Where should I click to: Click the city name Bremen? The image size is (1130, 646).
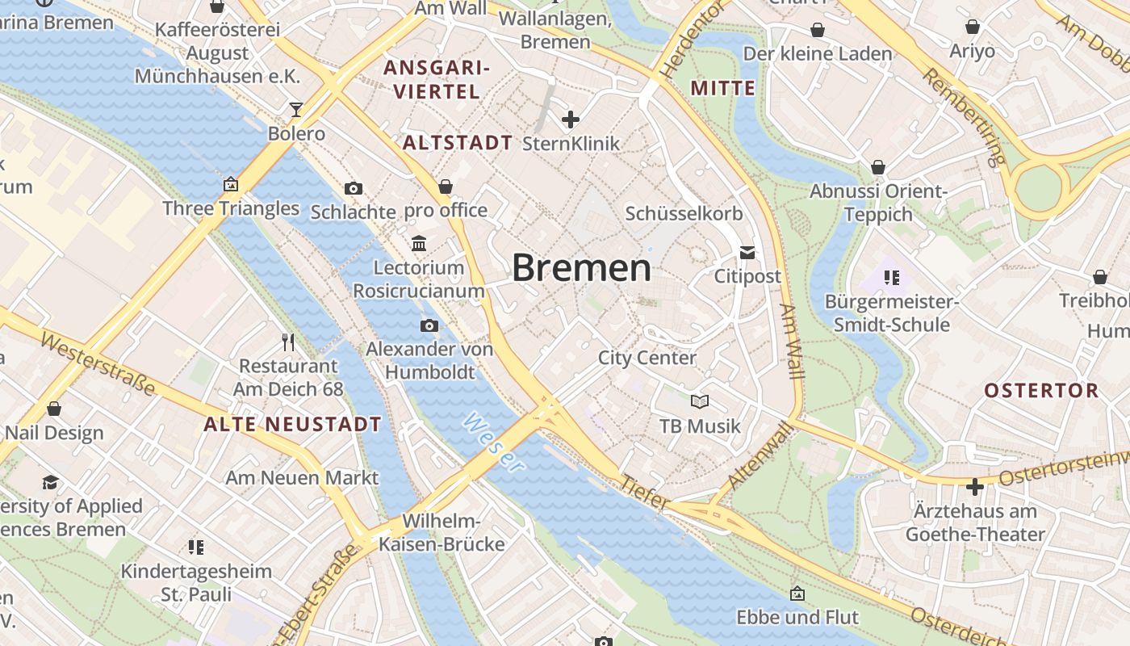[581, 268]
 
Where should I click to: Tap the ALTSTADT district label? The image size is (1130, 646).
[457, 143]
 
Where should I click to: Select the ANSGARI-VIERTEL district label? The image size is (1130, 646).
[437, 79]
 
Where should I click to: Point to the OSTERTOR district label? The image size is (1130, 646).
[1041, 391]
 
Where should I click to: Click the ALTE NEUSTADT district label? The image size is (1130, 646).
[292, 424]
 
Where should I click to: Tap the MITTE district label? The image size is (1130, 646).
[723, 88]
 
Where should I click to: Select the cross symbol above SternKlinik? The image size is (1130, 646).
[571, 120]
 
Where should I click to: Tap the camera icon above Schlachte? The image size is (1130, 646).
[354, 188]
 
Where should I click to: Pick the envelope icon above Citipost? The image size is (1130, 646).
[747, 253]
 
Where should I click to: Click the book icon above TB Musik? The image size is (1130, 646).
[699, 401]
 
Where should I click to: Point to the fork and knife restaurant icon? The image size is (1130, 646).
[288, 342]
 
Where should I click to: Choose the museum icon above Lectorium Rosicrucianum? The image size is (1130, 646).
[419, 243]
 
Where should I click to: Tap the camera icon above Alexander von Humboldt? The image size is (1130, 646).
[429, 325]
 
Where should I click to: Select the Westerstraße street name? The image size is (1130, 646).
[97, 365]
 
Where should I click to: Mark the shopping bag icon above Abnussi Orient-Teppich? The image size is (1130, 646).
[878, 167]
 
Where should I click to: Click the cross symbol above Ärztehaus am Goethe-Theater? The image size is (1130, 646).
[975, 487]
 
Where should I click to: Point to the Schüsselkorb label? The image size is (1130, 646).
[684, 214]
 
